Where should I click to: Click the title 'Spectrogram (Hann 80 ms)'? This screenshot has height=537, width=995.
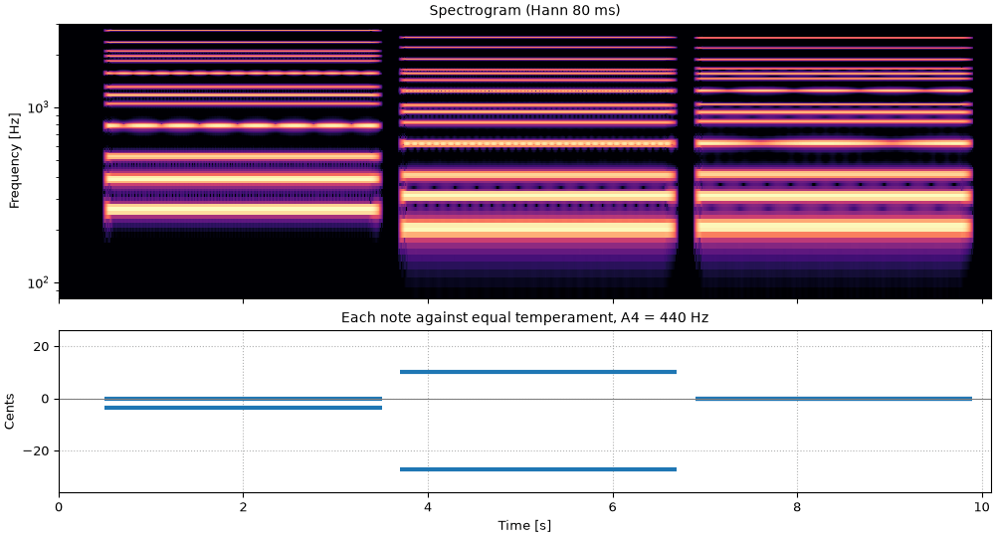[x=524, y=10]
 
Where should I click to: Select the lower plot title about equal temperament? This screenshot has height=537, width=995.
[x=524, y=317]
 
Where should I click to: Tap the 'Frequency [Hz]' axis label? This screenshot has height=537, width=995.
[x=14, y=161]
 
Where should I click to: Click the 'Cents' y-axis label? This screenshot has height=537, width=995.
[x=10, y=412]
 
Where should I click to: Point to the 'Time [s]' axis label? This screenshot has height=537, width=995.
[x=524, y=526]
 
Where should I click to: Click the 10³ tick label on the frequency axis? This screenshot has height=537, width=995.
[x=38, y=106]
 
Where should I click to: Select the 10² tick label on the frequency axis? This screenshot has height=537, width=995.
[x=38, y=282]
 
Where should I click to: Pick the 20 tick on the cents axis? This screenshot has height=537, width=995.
[x=42, y=347]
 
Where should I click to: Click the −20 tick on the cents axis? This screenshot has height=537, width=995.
[x=38, y=451]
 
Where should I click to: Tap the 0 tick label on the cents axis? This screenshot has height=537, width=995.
[x=46, y=400]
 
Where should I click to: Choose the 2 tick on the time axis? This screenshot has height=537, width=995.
[x=243, y=507]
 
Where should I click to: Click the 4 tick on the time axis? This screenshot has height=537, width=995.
[x=428, y=507]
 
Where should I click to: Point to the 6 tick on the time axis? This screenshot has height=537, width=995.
[x=613, y=507]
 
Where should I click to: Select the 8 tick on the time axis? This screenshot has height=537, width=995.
[x=798, y=507]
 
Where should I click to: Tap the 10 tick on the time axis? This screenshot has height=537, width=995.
[x=982, y=507]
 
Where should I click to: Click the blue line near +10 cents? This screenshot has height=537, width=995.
[x=538, y=372]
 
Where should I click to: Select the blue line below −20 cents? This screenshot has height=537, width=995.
[x=538, y=469]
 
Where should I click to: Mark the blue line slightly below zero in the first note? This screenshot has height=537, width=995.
[x=244, y=408]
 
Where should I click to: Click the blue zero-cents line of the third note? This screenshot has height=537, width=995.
[x=834, y=399]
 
